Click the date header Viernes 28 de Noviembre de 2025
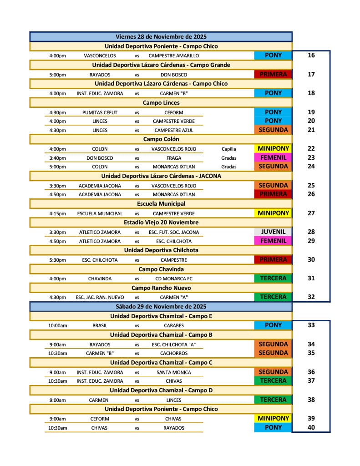pos(161,36)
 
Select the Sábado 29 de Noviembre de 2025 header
pos(161,306)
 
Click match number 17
pos(311,74)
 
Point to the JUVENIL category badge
pos(273,232)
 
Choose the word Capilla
pos(229,149)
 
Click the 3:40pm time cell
pos(57,158)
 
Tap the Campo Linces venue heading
pos(161,102)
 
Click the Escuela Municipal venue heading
pos(161,203)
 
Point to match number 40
pos(311,427)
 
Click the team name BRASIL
pos(100,325)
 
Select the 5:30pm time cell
pos(57,260)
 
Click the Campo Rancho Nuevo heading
pos(161,288)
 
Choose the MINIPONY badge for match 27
pos(273,213)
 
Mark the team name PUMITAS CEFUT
pos(100,112)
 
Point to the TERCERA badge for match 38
pos(273,400)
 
